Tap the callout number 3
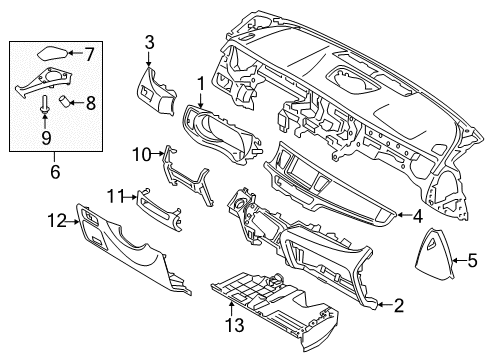(149, 41)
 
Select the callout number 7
(89, 52)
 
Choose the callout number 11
(116, 193)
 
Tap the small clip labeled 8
(66, 100)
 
